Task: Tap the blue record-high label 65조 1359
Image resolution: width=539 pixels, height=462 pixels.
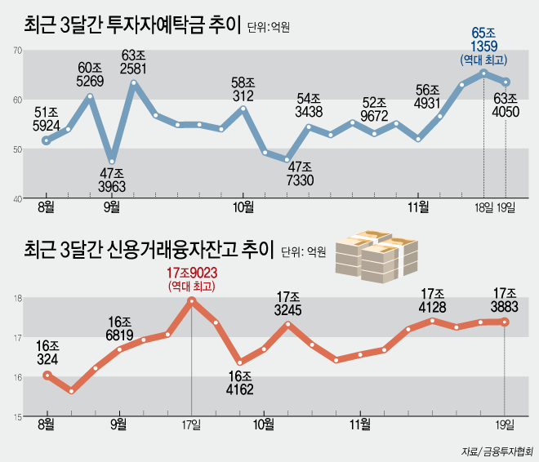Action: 483,38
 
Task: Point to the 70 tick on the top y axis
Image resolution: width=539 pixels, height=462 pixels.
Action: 16,51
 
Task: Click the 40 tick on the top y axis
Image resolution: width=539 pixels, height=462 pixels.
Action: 16,198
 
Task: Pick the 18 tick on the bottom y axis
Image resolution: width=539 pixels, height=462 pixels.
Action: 16,299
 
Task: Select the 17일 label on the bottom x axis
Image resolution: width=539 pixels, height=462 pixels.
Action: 192,424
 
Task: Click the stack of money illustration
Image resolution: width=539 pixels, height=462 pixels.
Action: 376,255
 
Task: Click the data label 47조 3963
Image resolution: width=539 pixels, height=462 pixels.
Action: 112,180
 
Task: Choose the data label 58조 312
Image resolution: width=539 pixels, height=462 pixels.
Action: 243,89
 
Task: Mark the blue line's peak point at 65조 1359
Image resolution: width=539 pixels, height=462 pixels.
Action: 484,73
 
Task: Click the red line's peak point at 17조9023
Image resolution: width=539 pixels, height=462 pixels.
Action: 192,300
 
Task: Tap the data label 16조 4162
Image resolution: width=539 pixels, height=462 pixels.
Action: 239,382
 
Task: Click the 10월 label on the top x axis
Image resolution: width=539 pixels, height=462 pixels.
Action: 243,208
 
